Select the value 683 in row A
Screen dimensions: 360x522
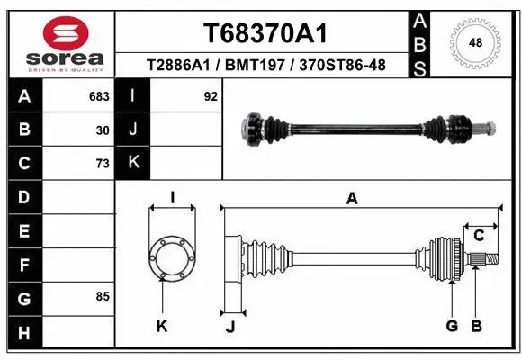click(99, 95)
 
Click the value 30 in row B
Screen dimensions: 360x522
click(103, 130)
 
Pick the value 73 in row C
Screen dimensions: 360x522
click(103, 163)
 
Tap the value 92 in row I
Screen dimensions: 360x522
click(211, 95)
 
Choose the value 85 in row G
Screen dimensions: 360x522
click(103, 296)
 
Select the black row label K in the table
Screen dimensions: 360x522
click(133, 163)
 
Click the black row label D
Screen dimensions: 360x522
click(24, 196)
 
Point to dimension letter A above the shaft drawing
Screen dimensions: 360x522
click(352, 199)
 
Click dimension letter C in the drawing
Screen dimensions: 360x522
click(480, 236)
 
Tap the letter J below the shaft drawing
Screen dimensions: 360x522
click(230, 327)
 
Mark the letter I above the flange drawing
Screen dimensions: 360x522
click(171, 198)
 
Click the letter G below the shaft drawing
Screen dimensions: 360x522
click(452, 326)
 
